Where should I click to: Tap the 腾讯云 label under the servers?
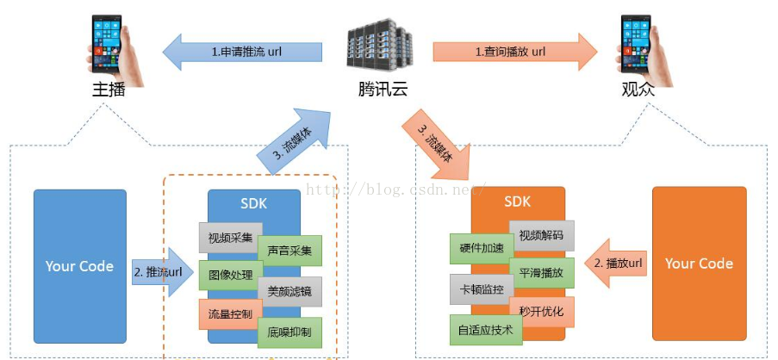tap(383, 89)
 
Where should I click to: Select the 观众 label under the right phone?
tap(638, 89)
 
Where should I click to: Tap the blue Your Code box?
tap(79, 266)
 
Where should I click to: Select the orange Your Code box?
tap(699, 264)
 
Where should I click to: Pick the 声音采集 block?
tap(289, 250)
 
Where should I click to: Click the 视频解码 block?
tap(541, 235)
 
